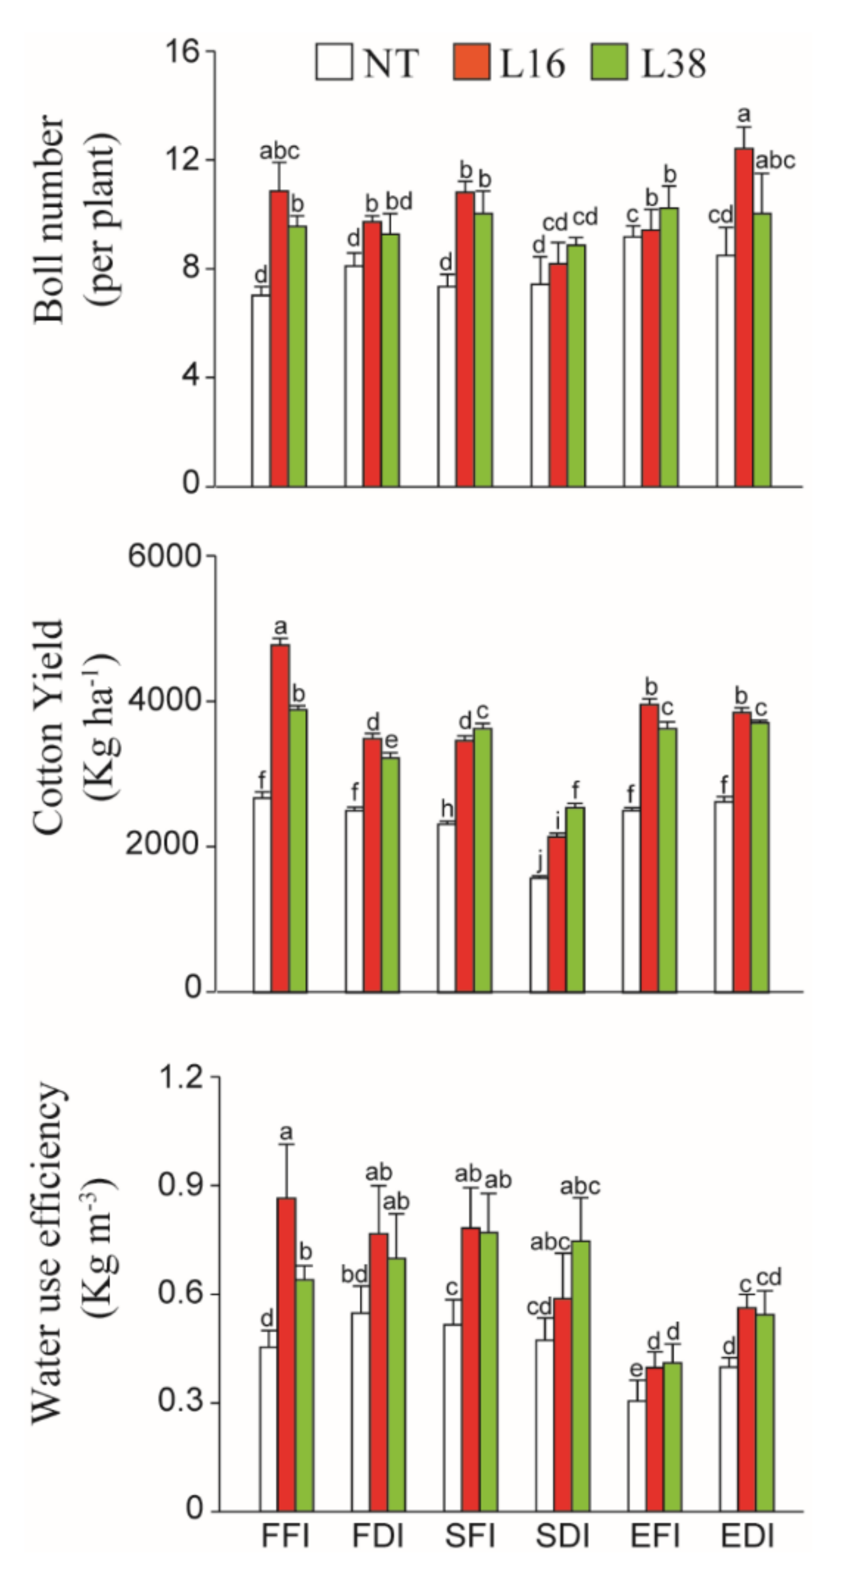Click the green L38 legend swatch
pyautogui.click(x=609, y=62)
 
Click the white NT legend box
pyautogui.click(x=334, y=62)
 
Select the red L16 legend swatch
pyautogui.click(x=471, y=62)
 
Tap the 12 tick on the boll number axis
pyautogui.click(x=182, y=160)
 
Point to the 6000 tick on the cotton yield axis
pyautogui.click(x=164, y=556)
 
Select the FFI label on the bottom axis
pyautogui.click(x=285, y=1536)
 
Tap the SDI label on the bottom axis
pyautogui.click(x=562, y=1536)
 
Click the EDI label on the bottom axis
pyautogui.click(x=748, y=1536)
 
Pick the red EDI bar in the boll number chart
pyautogui.click(x=743, y=317)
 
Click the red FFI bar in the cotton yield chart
pyautogui.click(x=280, y=819)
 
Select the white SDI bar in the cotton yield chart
pyautogui.click(x=539, y=935)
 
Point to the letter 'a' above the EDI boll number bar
pyautogui.click(x=744, y=114)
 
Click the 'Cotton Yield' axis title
pyautogui.click(x=49, y=727)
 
